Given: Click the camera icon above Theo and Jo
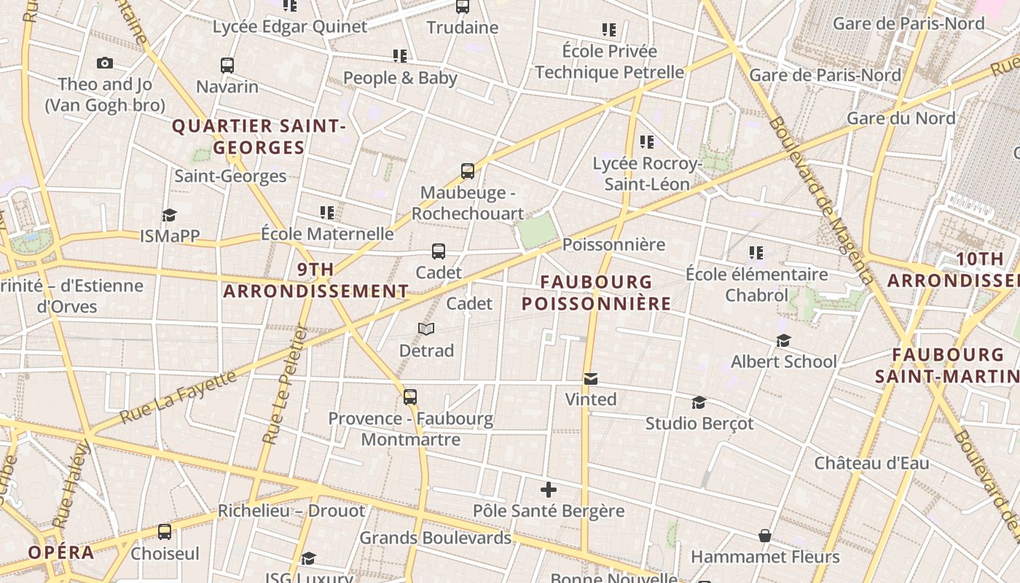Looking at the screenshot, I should pyautogui.click(x=105, y=63).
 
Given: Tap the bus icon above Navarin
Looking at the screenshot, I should pyautogui.click(x=227, y=65).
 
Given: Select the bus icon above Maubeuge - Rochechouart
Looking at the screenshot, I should pyautogui.click(x=468, y=171).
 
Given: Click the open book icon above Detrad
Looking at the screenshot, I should pyautogui.click(x=426, y=329).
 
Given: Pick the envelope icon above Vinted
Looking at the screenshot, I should pyautogui.click(x=591, y=379).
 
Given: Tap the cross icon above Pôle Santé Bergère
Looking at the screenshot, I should pyautogui.click(x=549, y=490).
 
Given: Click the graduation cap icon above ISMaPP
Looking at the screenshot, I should pyautogui.click(x=170, y=215).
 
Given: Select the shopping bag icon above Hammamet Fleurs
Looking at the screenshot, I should pyautogui.click(x=765, y=536).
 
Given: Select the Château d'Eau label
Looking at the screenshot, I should pyautogui.click(x=871, y=463).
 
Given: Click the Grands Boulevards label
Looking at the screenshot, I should pyautogui.click(x=436, y=539).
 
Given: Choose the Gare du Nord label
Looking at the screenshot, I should pyautogui.click(x=901, y=118).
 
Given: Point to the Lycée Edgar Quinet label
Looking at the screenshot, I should pyautogui.click(x=290, y=27).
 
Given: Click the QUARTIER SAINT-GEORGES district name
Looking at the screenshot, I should pyautogui.click(x=259, y=137).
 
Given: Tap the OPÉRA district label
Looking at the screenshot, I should pyautogui.click(x=61, y=552).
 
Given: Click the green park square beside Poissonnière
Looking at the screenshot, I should pyautogui.click(x=538, y=230).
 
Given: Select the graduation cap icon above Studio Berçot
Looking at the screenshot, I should pyautogui.click(x=699, y=403).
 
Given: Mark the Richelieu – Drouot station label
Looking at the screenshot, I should pyautogui.click(x=291, y=511).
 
